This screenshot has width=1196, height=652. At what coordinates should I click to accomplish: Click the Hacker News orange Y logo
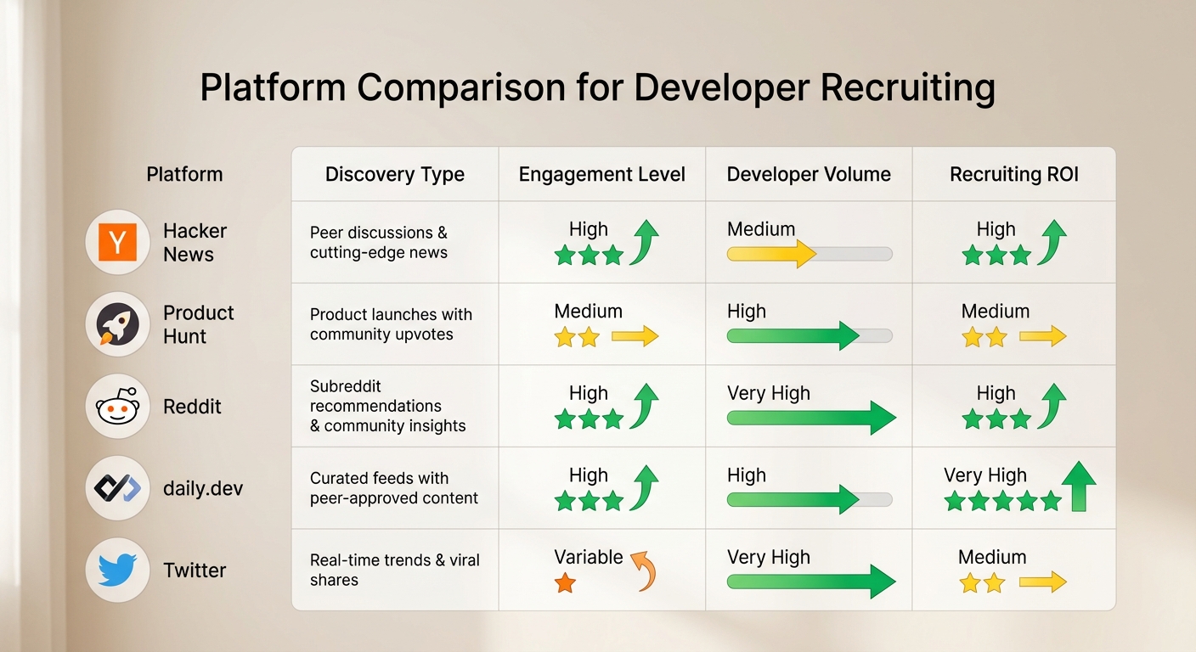point(117,243)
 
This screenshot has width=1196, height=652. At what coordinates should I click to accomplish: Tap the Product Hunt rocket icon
point(117,324)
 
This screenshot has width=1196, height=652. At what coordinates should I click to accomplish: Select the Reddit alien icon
point(117,406)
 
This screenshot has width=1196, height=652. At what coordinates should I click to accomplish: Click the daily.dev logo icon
point(117,488)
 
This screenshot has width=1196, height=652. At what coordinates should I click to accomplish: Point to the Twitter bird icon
point(117,570)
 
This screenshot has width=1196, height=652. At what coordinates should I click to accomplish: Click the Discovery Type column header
point(395,175)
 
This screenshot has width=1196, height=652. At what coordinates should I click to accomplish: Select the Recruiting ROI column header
point(1013,175)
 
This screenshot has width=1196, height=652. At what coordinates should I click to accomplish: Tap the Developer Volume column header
point(809,175)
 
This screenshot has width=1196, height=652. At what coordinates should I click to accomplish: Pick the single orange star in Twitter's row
point(565,583)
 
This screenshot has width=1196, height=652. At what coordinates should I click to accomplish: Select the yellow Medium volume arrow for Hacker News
point(771,253)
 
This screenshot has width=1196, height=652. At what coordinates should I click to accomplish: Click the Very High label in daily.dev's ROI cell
point(984,475)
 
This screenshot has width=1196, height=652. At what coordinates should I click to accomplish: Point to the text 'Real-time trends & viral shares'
point(394,570)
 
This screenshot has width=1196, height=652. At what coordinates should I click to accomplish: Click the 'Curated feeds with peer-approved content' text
point(394,488)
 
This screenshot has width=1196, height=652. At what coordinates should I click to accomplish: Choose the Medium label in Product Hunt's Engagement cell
point(588,312)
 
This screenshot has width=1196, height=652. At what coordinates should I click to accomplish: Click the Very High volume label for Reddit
point(768,393)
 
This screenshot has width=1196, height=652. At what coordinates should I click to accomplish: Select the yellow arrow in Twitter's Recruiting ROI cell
point(1042,582)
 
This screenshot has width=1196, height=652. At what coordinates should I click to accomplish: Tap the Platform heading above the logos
point(184,175)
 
